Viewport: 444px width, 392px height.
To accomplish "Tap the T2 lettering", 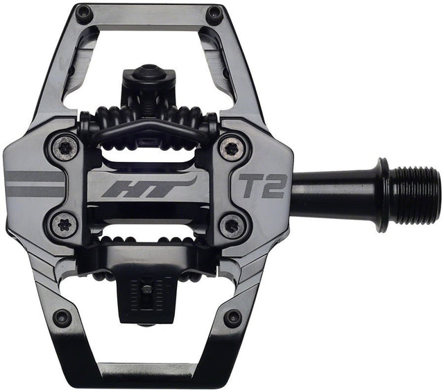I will coord(262,185).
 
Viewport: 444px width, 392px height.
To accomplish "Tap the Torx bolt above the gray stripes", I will coord(66,147).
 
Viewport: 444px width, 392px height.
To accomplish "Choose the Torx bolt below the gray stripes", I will coord(66,225).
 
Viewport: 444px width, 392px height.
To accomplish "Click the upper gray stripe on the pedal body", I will coord(35,176).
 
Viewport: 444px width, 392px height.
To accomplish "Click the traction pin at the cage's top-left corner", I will coord(84,12).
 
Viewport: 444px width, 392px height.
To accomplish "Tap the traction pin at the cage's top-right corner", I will coord(214,12).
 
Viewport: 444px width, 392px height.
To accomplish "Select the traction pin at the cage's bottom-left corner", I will coord(62,318).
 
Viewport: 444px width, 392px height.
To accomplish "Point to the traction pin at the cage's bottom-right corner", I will coord(233,318).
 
